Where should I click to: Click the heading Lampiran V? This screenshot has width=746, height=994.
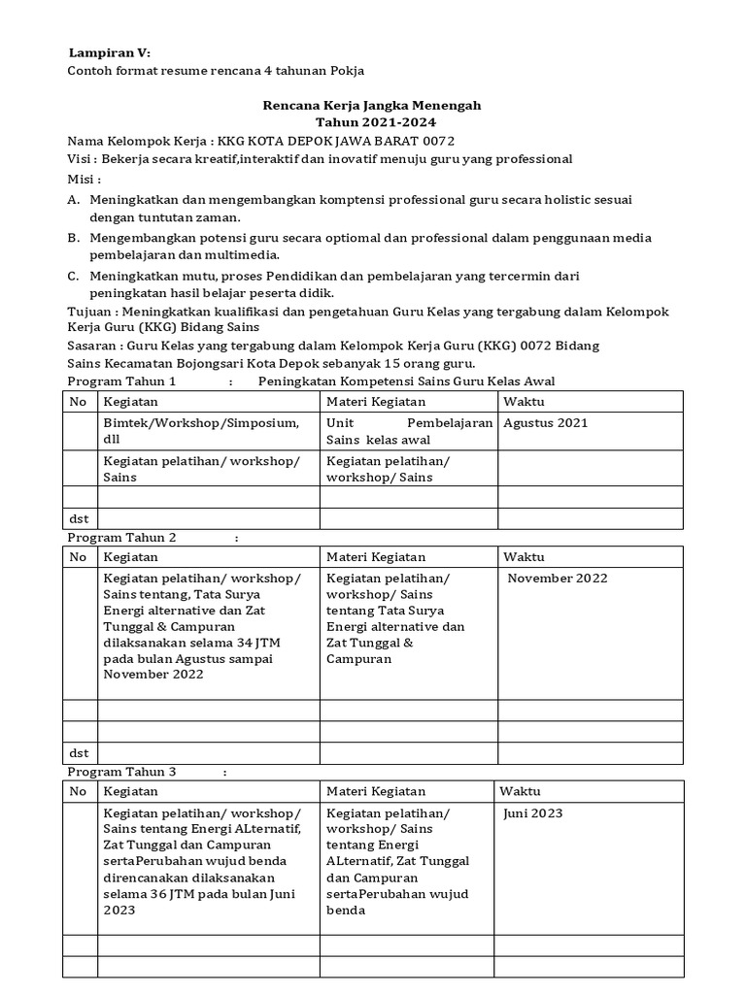pyautogui.click(x=109, y=51)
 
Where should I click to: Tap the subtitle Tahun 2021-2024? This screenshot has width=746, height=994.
pyautogui.click(x=376, y=122)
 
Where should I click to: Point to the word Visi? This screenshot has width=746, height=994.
pyautogui.click(x=79, y=159)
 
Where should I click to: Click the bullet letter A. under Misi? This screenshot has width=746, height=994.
pyautogui.click(x=74, y=199)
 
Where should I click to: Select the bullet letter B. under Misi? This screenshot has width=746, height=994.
pyautogui.click(x=74, y=238)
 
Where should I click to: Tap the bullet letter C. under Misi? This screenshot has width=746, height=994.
pyautogui.click(x=74, y=277)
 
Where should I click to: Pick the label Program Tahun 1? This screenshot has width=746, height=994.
pyautogui.click(x=121, y=381)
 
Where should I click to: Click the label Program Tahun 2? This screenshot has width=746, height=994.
pyautogui.click(x=121, y=537)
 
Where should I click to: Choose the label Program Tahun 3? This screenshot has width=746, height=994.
pyautogui.click(x=121, y=772)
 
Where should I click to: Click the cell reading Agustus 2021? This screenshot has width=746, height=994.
pyautogui.click(x=545, y=422)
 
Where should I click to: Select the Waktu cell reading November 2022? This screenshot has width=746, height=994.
pyautogui.click(x=558, y=578)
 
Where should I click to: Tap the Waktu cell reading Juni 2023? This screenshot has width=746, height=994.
pyautogui.click(x=532, y=813)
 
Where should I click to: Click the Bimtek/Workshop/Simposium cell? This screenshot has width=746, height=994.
pyautogui.click(x=201, y=430)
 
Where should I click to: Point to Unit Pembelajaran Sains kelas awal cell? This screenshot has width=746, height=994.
pyautogui.click(x=408, y=430)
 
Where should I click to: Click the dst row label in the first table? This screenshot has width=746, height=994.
pyautogui.click(x=79, y=519)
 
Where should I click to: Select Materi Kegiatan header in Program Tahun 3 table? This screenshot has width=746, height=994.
pyautogui.click(x=376, y=791)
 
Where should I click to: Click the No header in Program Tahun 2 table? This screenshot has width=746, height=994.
pyautogui.click(x=79, y=557)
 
